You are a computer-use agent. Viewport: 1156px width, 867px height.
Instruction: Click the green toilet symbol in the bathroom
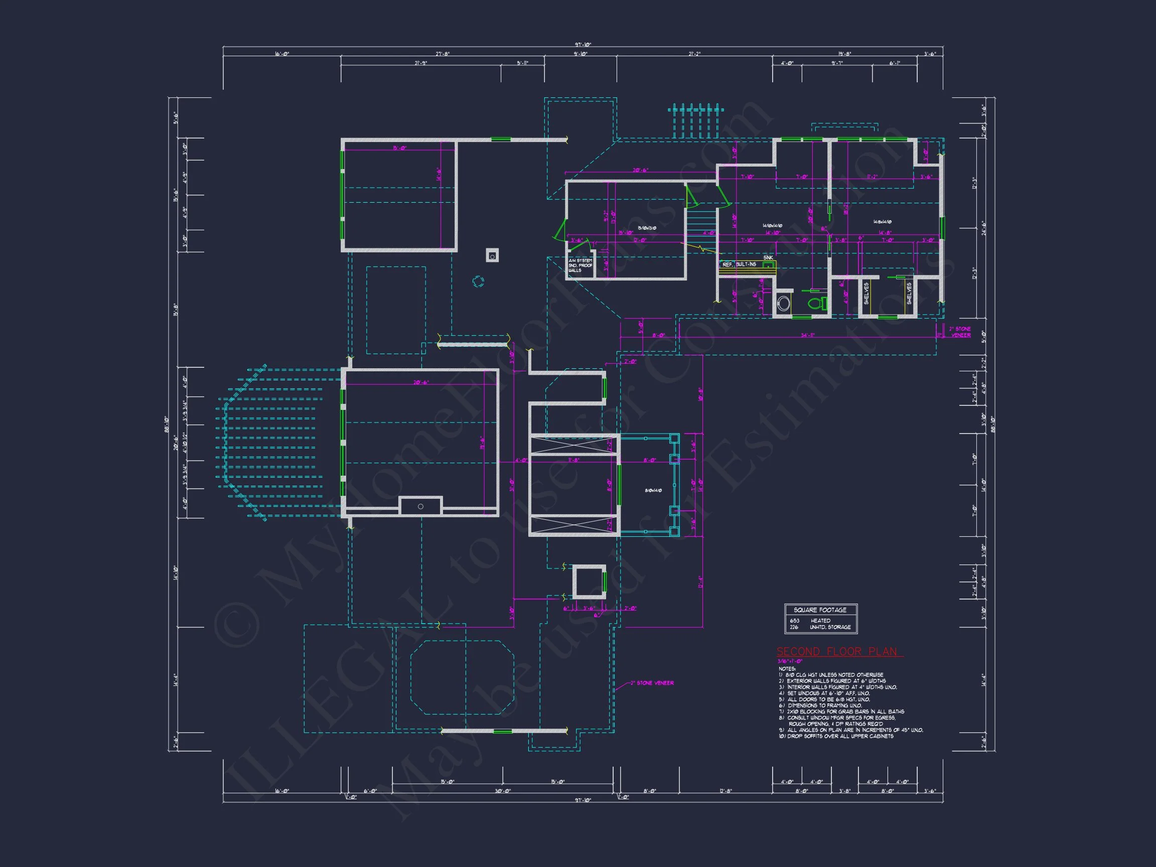[816, 303]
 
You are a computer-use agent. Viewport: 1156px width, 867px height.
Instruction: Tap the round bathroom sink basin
[783, 304]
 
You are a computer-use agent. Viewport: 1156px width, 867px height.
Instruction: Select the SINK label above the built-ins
[768, 258]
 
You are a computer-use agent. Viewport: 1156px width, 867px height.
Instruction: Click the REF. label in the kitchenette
[727, 265]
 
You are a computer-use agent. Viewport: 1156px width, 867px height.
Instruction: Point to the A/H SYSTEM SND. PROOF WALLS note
[580, 265]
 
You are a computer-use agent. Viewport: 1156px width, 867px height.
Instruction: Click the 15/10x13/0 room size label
[646, 228]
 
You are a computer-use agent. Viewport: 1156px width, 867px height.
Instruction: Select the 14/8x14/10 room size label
[882, 222]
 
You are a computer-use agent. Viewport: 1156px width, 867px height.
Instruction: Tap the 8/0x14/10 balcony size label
[653, 490]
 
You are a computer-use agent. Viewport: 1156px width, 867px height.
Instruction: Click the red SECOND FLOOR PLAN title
[836, 652]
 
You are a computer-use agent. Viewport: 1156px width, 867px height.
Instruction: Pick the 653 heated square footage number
[794, 621]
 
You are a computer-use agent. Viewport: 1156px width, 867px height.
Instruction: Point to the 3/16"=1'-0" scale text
[790, 661]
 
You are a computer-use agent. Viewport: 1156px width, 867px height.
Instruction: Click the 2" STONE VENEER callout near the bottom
[652, 683]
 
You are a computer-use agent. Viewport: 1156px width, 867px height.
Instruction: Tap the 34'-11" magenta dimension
[807, 335]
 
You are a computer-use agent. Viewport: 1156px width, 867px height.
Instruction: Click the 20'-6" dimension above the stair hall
[640, 171]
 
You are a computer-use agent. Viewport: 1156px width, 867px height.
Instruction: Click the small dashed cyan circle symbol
[478, 281]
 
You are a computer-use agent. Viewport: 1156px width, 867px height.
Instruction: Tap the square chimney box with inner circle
[492, 255]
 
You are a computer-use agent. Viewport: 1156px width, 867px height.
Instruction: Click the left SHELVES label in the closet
[866, 294]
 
